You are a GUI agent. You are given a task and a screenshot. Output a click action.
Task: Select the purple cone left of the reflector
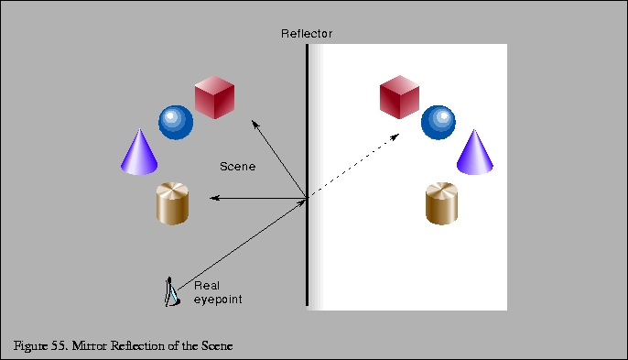(x=139, y=152)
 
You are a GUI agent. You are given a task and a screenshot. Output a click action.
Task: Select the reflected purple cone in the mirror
(x=475, y=153)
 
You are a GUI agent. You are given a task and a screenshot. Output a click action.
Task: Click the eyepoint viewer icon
(x=170, y=291)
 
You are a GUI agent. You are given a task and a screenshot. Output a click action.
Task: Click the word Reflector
(x=307, y=34)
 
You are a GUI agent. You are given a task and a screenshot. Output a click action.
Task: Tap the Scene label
(x=237, y=167)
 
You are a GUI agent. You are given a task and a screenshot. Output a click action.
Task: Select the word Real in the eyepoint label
(x=206, y=286)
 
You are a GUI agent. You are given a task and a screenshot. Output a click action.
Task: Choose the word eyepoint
(x=218, y=300)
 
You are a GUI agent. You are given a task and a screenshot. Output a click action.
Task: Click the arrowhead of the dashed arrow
(x=395, y=136)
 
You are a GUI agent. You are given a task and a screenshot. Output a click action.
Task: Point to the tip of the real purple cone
(x=139, y=131)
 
